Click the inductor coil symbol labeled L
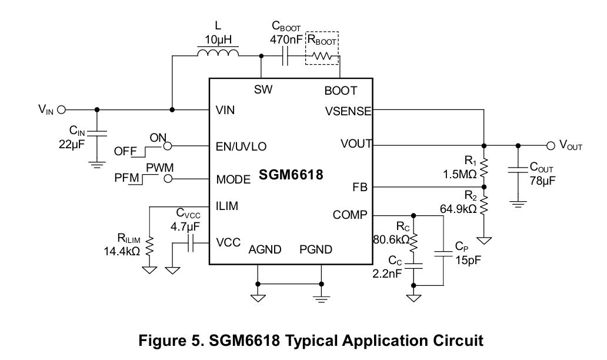[218, 52]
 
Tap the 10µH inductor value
[218, 39]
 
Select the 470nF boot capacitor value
[286, 39]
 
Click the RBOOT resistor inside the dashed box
[322, 56]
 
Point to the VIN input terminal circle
[61, 110]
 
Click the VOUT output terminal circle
[551, 145]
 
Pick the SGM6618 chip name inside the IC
[291, 175]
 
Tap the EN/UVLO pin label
[241, 146]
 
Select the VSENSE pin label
[348, 112]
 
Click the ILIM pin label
[227, 206]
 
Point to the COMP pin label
[350, 215]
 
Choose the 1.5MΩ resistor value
[459, 174]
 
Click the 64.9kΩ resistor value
[458, 209]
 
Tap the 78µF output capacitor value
[543, 181]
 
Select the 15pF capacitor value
[468, 260]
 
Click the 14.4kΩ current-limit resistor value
[122, 251]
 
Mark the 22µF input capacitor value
[72, 144]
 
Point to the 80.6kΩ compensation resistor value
[391, 239]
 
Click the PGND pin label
[316, 249]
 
